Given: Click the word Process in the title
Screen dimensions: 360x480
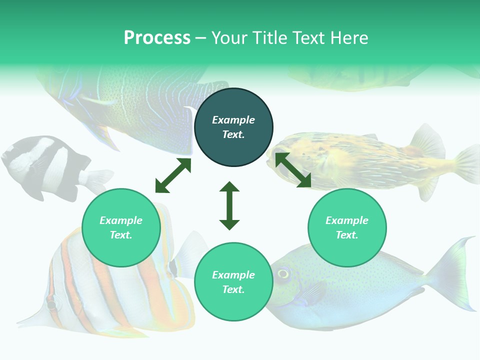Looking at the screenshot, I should [157, 38].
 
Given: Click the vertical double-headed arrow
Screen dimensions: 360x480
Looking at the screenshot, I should [229, 205].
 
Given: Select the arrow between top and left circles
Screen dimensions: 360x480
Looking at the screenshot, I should [173, 175].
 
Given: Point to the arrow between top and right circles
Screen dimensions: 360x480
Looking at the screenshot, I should [293, 170].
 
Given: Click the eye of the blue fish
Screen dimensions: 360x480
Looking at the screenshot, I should [283, 273].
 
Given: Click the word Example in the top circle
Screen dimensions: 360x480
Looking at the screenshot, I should [233, 120].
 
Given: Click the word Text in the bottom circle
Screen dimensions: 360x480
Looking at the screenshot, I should [233, 289].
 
